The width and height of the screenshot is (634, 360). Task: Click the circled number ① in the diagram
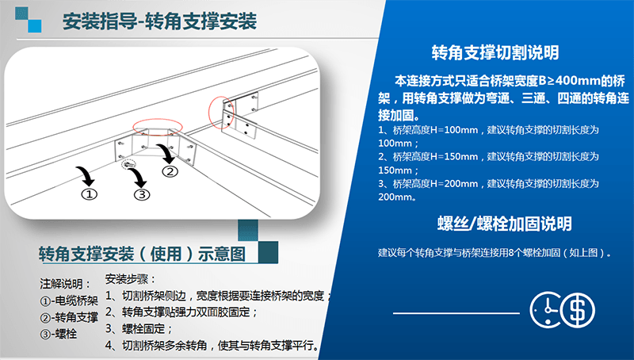tap(90, 194)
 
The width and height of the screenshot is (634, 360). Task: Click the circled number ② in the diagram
tap(170, 171)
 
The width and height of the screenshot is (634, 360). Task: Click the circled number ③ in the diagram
tap(142, 195)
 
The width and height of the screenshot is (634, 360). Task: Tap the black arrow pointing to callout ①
tap(86, 176)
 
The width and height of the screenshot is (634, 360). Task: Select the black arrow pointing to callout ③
tap(138, 177)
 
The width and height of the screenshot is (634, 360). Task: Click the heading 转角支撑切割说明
tap(495, 52)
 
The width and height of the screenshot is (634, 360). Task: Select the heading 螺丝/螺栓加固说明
tap(504, 224)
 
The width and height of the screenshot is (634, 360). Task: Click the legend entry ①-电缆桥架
tap(69, 301)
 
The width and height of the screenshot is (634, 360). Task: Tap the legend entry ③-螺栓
tap(58, 334)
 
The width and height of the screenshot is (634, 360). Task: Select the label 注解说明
tap(66, 284)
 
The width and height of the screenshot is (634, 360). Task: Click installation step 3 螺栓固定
tap(139, 328)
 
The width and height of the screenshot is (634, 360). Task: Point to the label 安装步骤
tap(130, 279)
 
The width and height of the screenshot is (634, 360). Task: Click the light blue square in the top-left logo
tap(34, 26)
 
